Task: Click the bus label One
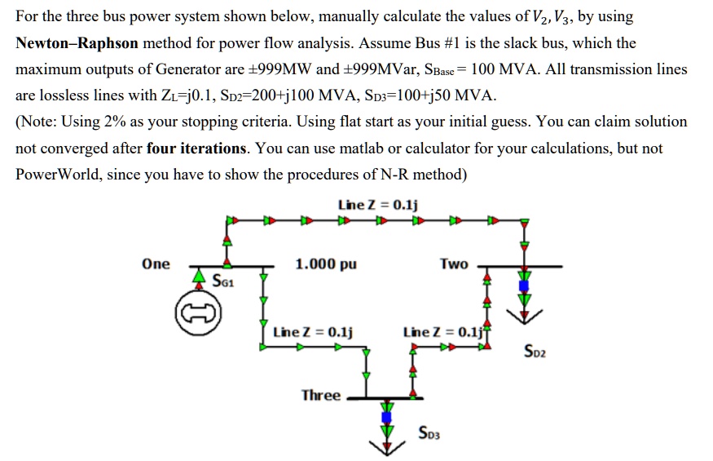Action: click(x=156, y=264)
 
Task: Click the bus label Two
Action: click(x=454, y=264)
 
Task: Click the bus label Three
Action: click(x=321, y=395)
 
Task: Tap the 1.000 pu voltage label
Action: click(x=326, y=264)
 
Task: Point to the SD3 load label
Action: click(x=429, y=432)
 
